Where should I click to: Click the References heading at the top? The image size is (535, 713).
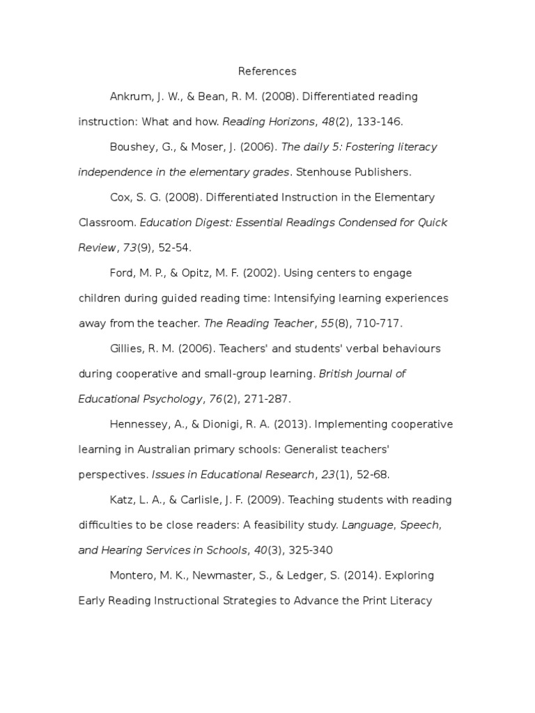pos(267,71)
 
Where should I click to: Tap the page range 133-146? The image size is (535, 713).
pos(379,121)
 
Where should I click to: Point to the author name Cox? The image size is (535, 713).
pos(121,197)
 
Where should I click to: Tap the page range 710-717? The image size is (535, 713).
pos(378,323)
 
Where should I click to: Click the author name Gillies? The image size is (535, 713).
pos(127,348)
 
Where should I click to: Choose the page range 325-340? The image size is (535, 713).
pos(309,550)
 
